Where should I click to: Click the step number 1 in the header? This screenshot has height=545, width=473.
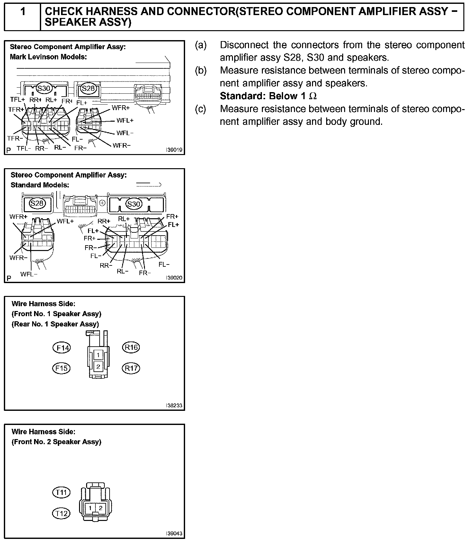23,12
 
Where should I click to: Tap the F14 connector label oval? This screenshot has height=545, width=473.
61,348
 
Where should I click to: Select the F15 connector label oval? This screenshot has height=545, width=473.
61,368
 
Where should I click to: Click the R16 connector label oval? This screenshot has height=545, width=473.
131,347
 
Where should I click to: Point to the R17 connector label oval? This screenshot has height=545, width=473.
131,368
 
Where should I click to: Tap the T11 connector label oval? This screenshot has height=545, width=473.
61,492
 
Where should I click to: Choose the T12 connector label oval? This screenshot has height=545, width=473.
61,514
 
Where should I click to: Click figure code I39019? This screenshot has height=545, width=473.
174,150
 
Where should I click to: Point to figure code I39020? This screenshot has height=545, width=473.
174,278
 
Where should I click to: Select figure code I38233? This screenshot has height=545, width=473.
174,406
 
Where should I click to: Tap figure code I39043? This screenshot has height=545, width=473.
174,533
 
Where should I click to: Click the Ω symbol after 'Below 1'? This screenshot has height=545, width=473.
313,96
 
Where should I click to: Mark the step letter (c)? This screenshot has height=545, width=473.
201,109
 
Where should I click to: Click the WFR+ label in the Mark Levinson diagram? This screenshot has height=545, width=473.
121,108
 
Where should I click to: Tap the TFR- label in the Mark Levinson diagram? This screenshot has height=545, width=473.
15,138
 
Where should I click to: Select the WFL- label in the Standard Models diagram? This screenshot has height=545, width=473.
29,274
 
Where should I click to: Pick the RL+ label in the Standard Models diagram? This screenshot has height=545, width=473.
124,219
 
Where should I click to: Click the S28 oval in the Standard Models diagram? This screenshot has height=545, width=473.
37,203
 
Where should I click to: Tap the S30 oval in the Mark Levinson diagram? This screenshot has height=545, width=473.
44,88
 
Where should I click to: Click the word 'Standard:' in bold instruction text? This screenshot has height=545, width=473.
243,96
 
